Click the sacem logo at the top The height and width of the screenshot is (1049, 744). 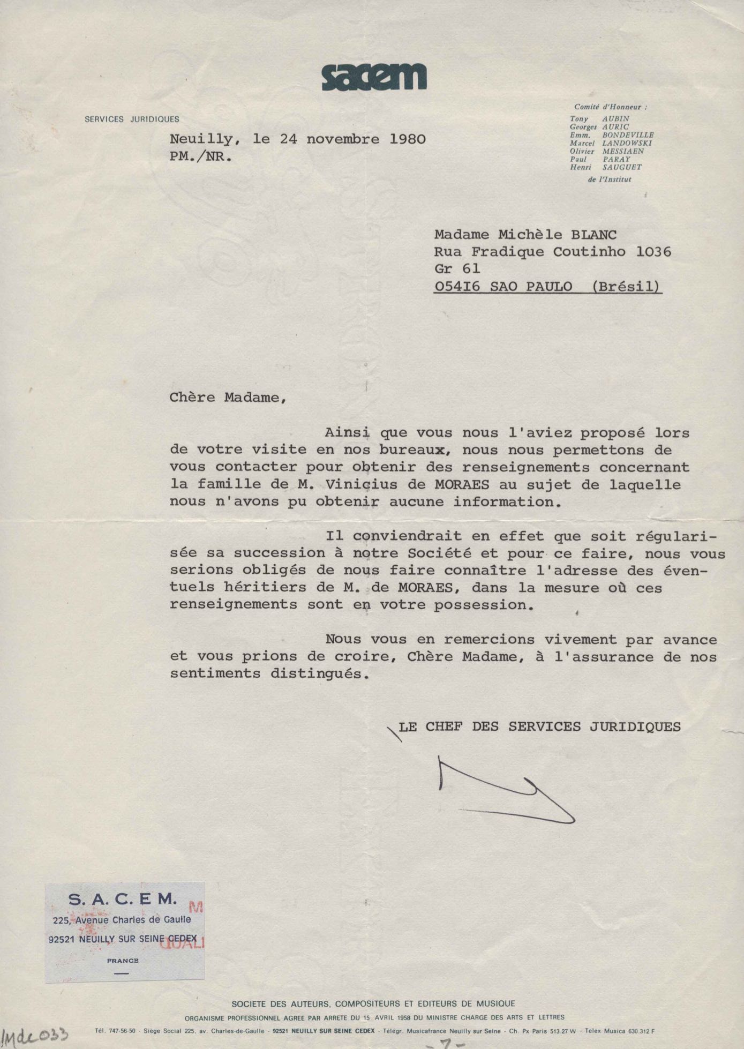[374, 77]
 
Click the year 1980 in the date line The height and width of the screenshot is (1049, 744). [407, 139]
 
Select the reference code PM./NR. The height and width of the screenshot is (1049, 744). [201, 158]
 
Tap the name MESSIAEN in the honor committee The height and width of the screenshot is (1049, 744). [623, 151]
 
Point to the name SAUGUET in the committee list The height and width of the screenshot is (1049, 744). [621, 167]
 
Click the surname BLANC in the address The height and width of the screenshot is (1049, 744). [593, 235]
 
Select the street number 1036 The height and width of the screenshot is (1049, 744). [653, 252]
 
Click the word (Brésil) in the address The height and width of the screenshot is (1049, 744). [627, 287]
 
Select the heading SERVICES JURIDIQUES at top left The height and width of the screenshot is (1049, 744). [132, 119]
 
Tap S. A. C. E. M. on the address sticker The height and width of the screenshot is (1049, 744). [123, 900]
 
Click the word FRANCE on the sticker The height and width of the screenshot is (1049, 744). [123, 961]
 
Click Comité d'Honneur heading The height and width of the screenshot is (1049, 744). [610, 107]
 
